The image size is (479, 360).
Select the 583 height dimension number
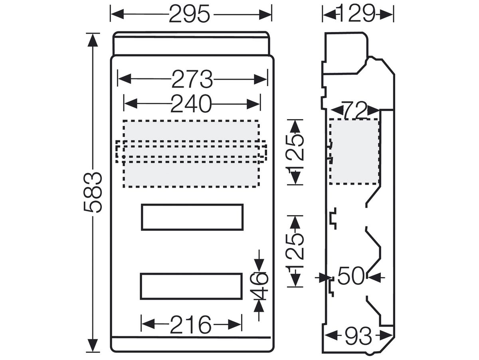(93, 192)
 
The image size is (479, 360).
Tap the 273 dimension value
(192, 79)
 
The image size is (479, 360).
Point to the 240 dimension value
(191, 104)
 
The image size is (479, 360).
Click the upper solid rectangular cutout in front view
(192, 204)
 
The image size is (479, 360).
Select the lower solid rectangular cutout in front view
(191, 274)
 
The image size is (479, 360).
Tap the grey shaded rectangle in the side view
(354, 152)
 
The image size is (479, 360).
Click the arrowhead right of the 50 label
(374, 277)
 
